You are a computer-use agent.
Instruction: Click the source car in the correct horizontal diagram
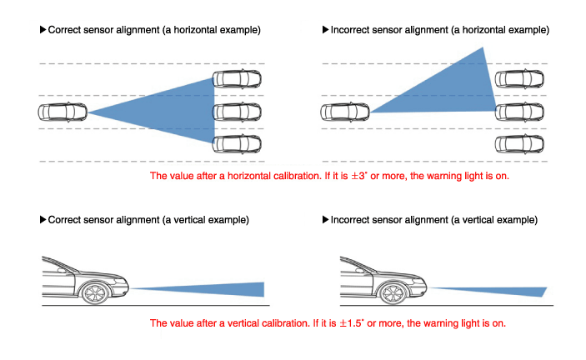click(x=63, y=112)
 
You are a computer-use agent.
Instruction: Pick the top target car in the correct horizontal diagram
click(x=237, y=79)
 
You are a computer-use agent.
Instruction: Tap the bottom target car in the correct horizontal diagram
click(x=237, y=144)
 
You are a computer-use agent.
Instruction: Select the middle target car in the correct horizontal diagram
click(x=237, y=112)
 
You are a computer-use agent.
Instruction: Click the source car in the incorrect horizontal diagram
click(x=345, y=112)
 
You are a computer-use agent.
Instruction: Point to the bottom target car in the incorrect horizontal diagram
click(x=519, y=144)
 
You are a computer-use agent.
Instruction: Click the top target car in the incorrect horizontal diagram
click(x=519, y=79)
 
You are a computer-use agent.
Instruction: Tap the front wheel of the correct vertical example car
click(x=95, y=293)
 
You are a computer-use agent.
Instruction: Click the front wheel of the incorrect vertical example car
click(x=393, y=293)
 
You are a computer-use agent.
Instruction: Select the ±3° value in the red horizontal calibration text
click(x=358, y=176)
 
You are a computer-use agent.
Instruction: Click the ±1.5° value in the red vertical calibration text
click(x=351, y=323)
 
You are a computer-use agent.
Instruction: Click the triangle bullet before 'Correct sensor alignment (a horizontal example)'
click(x=43, y=29)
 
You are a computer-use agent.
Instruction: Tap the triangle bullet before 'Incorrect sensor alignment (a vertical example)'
click(x=326, y=220)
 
